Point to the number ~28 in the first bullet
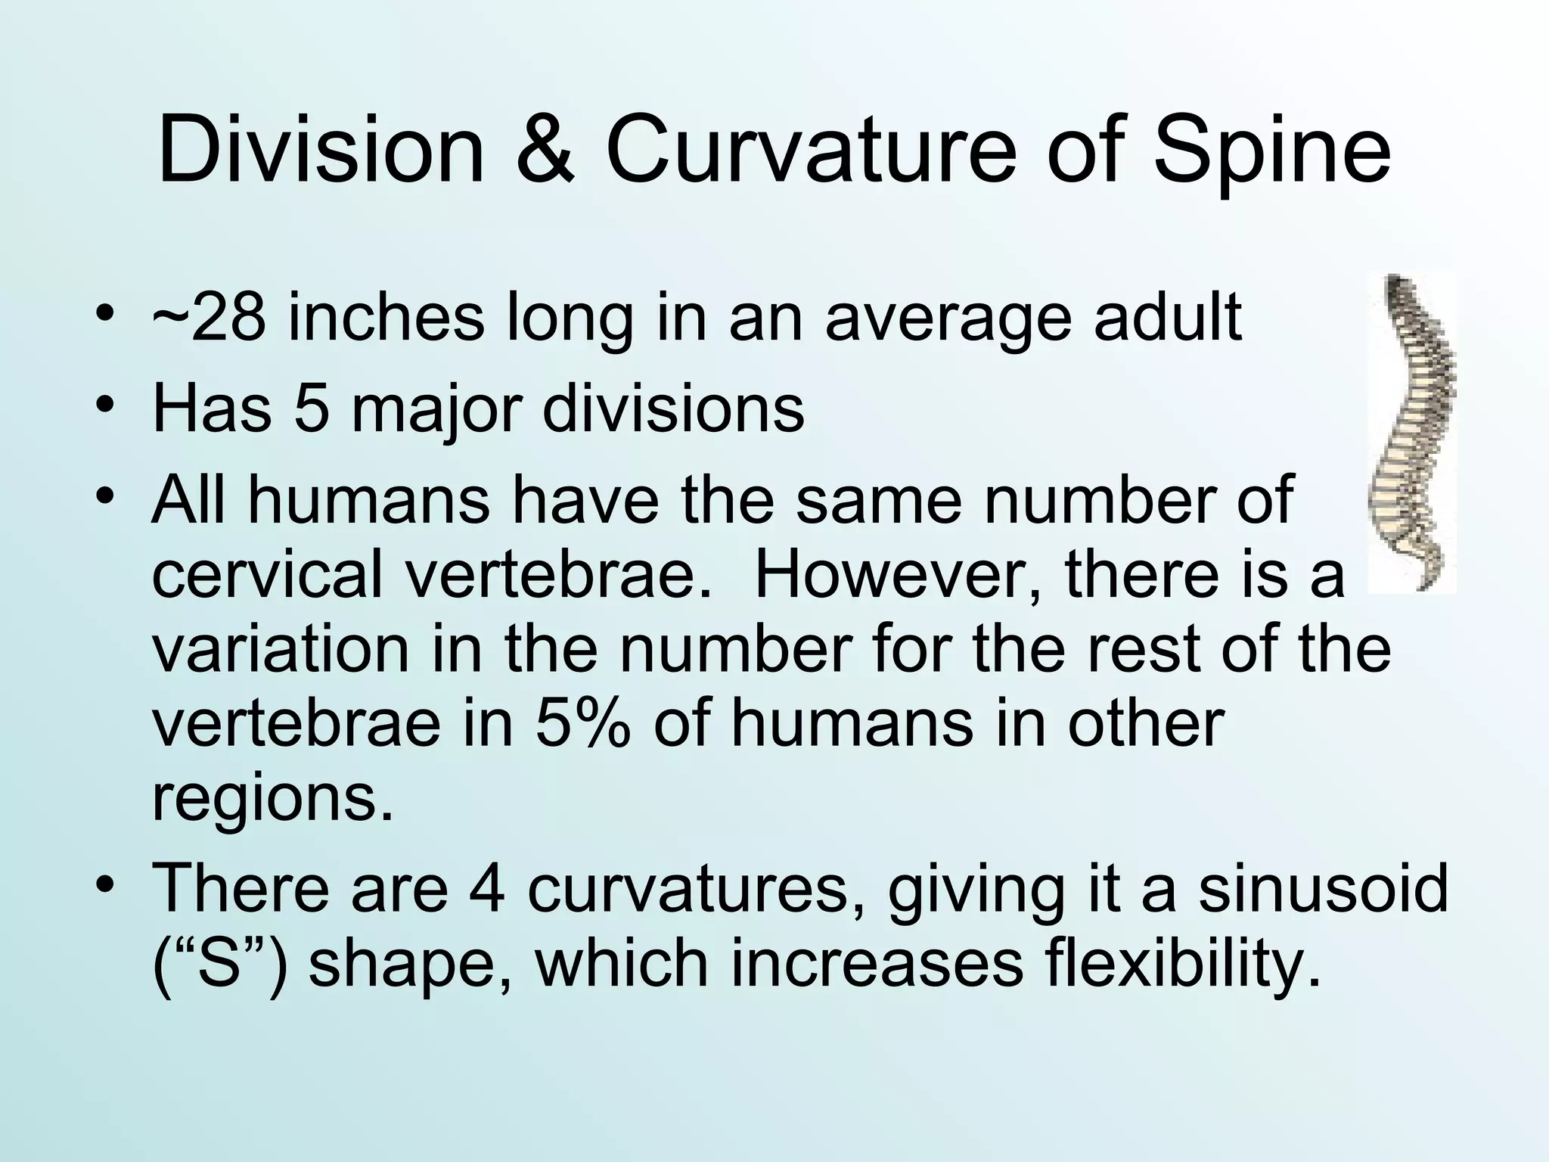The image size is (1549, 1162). click(x=209, y=318)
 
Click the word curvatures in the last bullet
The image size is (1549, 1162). click(x=696, y=888)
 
